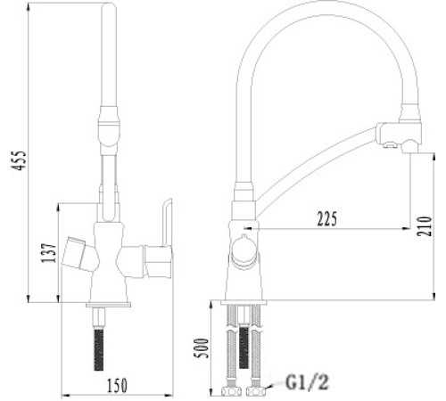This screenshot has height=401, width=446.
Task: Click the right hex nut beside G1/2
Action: tap(259, 389)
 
